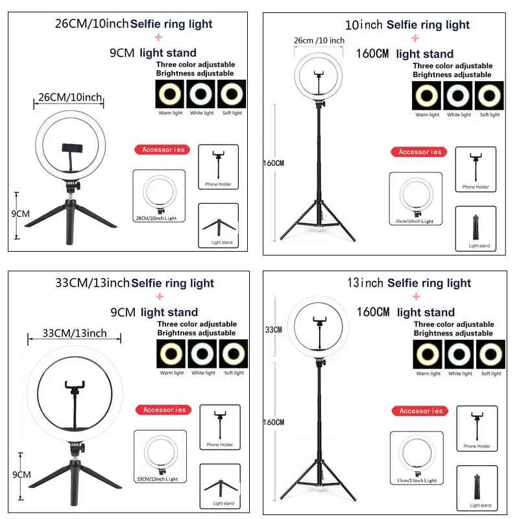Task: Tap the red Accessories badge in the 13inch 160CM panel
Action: (421, 411)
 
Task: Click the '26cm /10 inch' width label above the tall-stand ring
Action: (319, 41)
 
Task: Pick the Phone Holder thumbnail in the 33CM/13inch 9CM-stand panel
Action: (220, 426)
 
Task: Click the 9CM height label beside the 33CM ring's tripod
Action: (22, 474)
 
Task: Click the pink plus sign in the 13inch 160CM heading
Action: (415, 297)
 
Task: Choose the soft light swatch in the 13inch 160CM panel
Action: (490, 355)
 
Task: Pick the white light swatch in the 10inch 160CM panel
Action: (459, 97)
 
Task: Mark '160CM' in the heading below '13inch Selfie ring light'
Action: (374, 312)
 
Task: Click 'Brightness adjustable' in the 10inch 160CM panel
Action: (452, 75)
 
